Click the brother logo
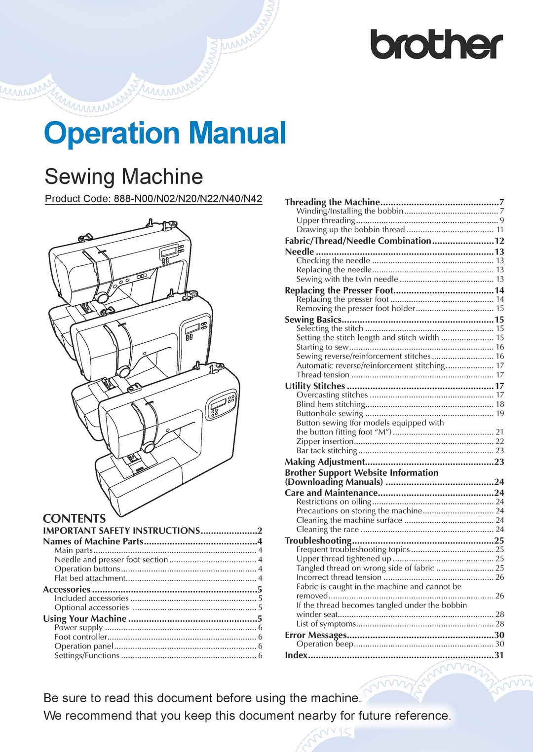436,44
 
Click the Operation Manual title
165,134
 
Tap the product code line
153,199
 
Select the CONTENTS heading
74,518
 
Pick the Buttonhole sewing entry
330,413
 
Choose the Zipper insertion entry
325,441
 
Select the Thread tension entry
323,375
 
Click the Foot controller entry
80,637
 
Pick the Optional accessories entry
91,608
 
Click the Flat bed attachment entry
90,578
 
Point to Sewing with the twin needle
347,279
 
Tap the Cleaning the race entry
328,529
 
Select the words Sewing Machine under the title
124,177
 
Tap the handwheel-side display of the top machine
169,252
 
